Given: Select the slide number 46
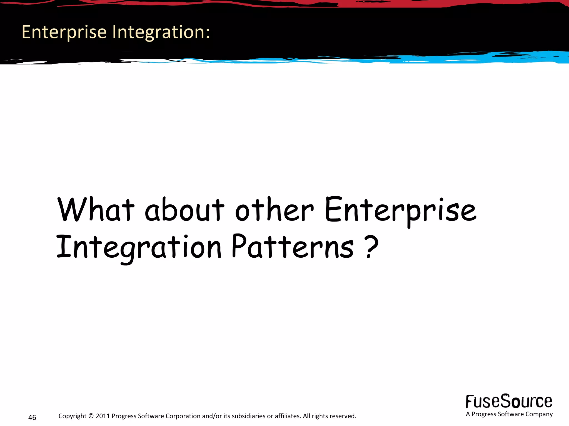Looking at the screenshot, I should pos(32,417).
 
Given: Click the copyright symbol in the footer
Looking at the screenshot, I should pos(91,416).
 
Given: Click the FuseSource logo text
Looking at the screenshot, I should pos(509,401).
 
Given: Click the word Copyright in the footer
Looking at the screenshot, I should pos(73,416).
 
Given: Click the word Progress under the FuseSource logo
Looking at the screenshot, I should pos(484,414).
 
